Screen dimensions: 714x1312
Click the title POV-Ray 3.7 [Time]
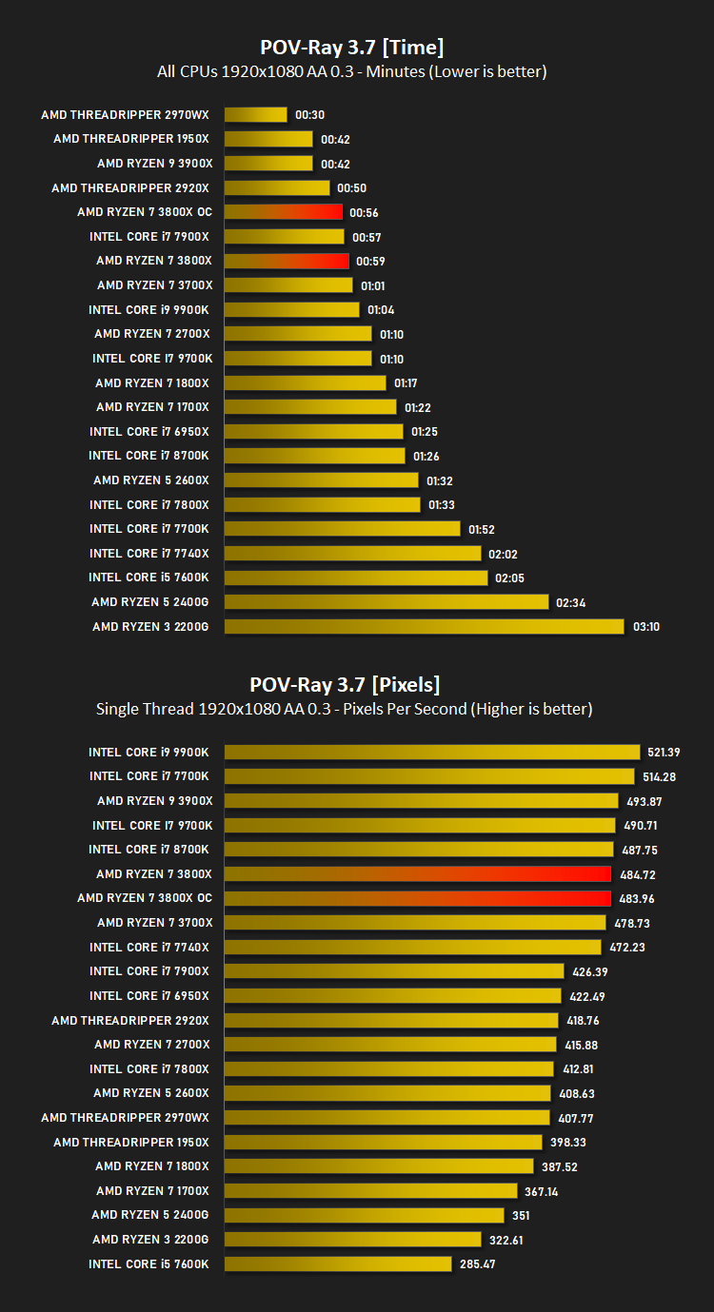[x=351, y=48]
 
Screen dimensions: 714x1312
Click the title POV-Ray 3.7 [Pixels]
[x=345, y=685]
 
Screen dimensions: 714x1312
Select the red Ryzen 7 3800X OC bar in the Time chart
[x=283, y=212]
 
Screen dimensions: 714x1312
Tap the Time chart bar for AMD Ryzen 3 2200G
[x=425, y=627]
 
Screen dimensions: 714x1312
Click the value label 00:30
[x=310, y=115]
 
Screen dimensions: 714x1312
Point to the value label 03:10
[x=646, y=627]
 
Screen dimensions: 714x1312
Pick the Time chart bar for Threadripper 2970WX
[x=255, y=115]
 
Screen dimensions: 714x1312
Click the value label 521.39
[x=664, y=752]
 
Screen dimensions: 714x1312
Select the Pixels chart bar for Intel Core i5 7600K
[x=338, y=1264]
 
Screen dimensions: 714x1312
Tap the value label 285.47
[x=477, y=1264]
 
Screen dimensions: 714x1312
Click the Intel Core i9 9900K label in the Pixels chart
[x=149, y=752]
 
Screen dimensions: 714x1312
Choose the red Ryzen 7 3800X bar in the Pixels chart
[x=417, y=874]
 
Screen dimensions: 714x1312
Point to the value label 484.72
[x=638, y=874]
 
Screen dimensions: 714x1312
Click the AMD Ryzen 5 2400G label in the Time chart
[x=150, y=602]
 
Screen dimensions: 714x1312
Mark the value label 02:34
[x=570, y=602]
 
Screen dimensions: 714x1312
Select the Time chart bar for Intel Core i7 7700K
[x=343, y=529]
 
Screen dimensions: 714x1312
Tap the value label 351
[x=521, y=1215]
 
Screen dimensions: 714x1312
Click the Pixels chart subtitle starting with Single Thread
[x=345, y=710]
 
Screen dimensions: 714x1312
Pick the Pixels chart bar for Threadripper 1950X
[x=384, y=1142]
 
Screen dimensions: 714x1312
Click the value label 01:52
[x=482, y=530]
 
